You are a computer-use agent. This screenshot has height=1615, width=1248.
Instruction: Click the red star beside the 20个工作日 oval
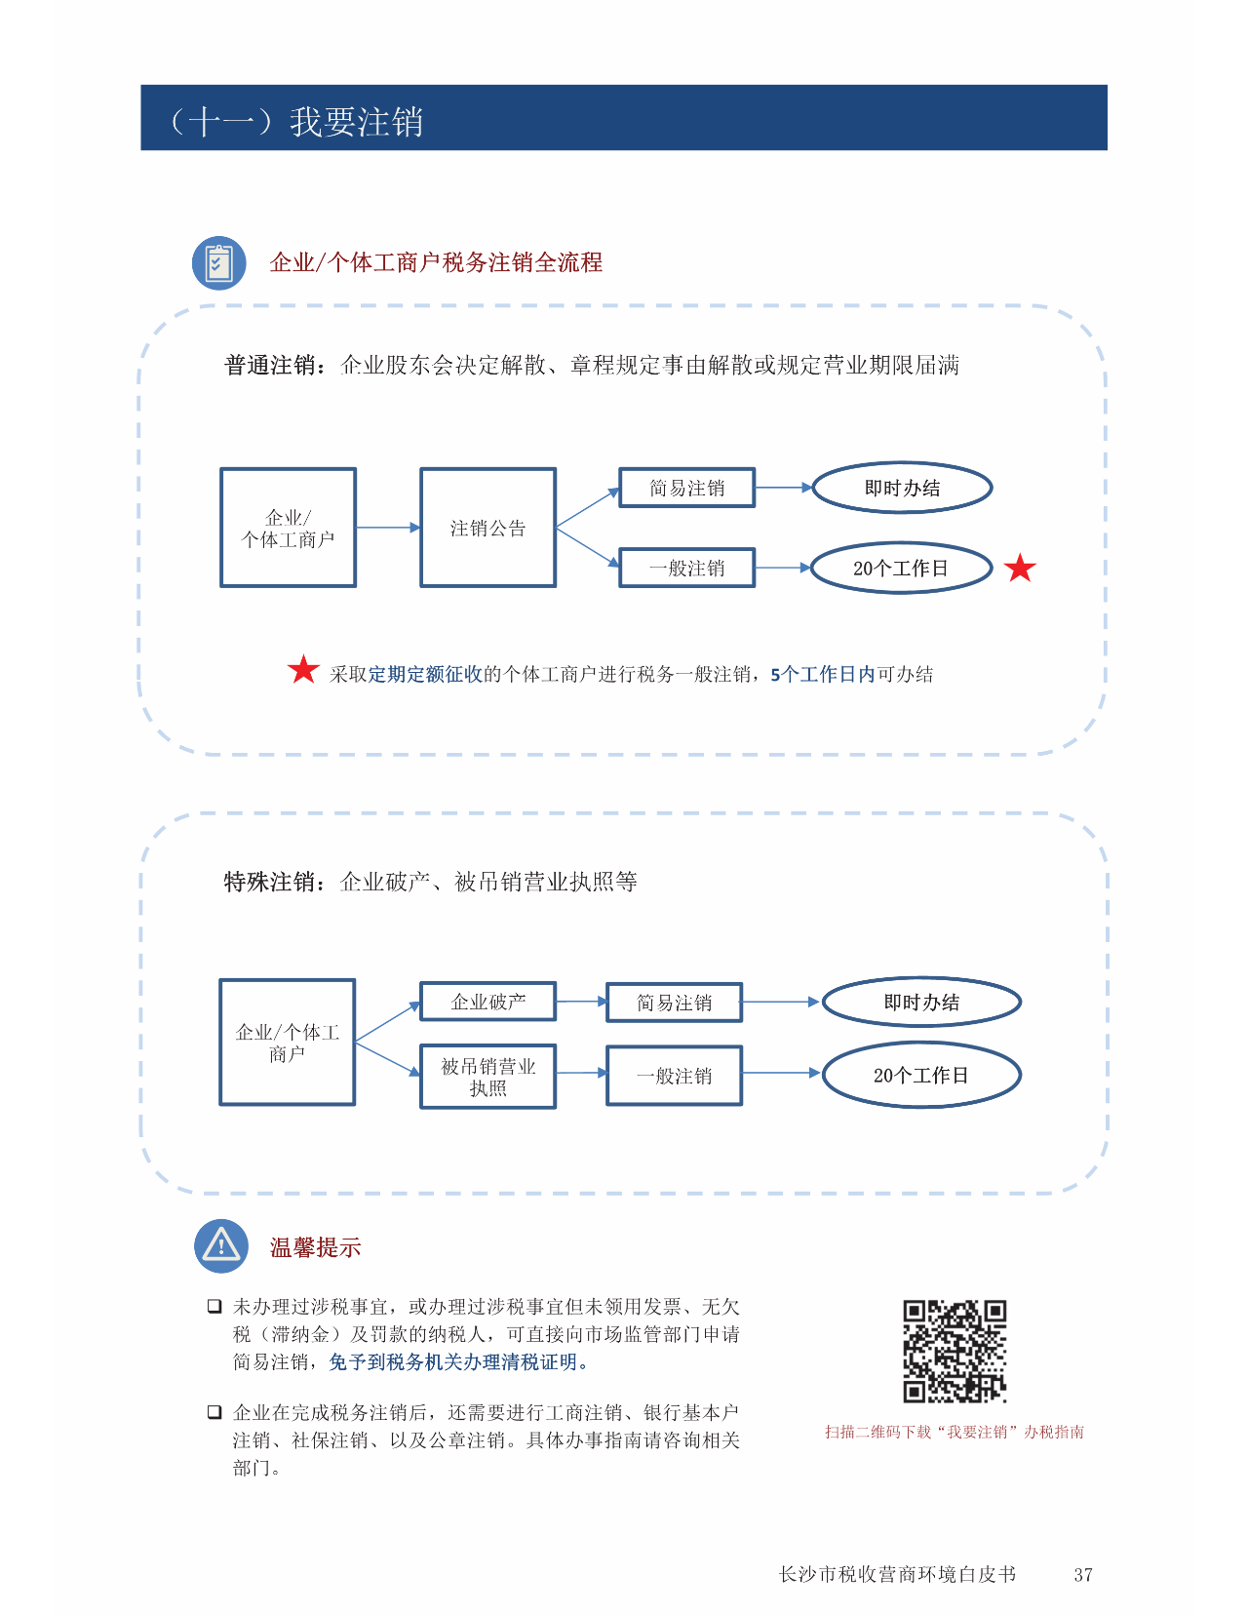click(1019, 569)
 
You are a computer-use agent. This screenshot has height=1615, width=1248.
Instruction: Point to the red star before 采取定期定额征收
click(303, 670)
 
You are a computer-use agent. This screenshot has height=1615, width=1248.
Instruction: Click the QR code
click(954, 1351)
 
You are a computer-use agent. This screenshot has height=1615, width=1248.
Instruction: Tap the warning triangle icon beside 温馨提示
click(220, 1245)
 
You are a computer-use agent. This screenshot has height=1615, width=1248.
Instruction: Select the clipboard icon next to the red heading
click(219, 263)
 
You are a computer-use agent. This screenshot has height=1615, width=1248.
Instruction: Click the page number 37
click(1082, 1574)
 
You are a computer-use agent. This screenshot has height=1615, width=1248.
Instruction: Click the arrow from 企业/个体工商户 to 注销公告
click(388, 528)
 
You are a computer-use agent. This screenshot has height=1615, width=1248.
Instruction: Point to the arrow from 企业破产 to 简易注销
click(582, 1002)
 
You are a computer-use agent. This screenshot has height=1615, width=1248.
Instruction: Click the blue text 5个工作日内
click(822, 674)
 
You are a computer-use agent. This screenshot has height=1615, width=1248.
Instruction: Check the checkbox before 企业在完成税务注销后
click(214, 1411)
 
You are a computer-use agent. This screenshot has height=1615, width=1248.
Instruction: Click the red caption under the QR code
click(954, 1432)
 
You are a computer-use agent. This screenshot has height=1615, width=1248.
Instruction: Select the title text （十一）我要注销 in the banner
click(295, 121)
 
